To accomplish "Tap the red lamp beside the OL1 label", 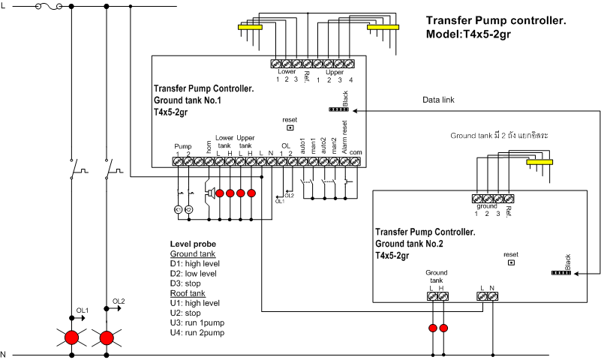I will tap(72, 337).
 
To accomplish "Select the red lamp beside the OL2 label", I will tap(107, 337).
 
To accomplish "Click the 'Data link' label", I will tap(438, 99).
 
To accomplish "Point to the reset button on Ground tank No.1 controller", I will tap(290, 127).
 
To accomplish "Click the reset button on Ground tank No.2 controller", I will tap(511, 262).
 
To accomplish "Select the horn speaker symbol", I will tap(211, 193).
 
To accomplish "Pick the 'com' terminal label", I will tap(356, 152).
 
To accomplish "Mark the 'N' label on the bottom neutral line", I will tap(4, 354).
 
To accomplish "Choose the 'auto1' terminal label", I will tap(303, 142).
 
